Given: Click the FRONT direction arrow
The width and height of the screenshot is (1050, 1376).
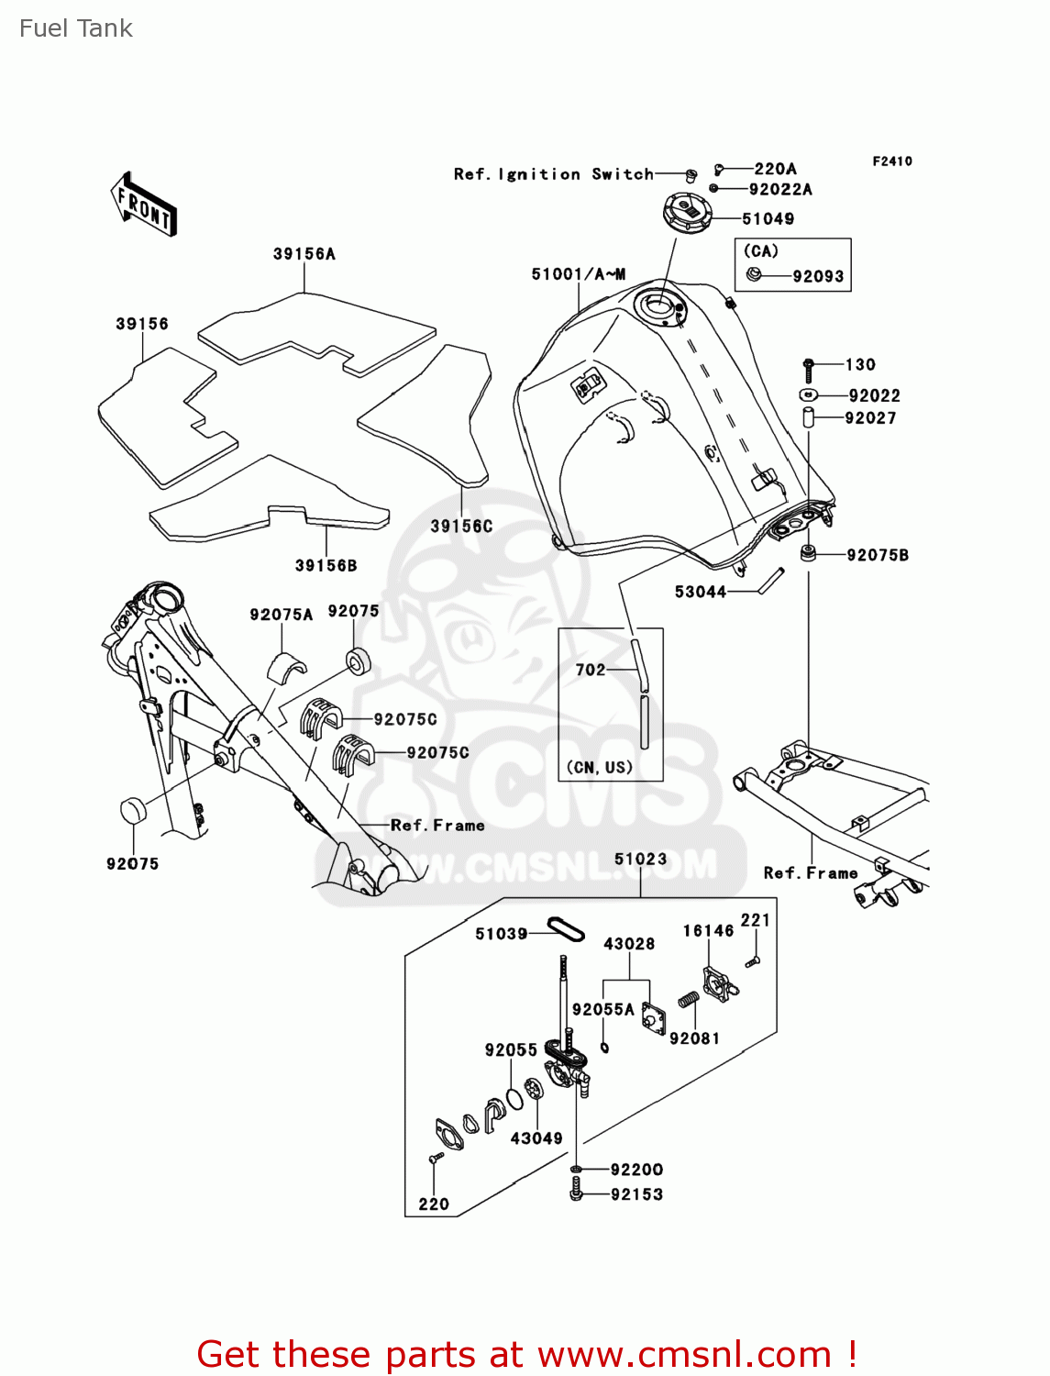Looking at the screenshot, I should [144, 205].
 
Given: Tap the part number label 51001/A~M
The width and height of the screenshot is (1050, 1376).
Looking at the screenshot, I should [579, 274].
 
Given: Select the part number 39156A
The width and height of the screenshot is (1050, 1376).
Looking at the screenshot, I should [304, 254].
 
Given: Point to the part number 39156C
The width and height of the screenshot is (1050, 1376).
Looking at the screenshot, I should [461, 526].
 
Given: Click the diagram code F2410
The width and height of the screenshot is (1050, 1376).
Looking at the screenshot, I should [891, 161].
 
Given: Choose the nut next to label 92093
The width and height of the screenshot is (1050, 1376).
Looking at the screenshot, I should [754, 273].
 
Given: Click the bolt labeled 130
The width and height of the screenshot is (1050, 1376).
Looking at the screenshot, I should [808, 369].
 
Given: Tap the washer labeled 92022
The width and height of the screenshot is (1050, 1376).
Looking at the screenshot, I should [807, 395].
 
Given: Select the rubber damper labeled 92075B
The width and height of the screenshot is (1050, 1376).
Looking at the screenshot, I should [808, 553].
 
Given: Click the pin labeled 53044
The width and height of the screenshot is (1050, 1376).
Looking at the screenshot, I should [770, 581].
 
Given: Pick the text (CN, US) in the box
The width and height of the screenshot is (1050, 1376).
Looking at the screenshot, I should [600, 767].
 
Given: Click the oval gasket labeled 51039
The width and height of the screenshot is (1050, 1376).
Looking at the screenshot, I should [565, 929].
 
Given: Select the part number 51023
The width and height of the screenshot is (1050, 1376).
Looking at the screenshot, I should [640, 860].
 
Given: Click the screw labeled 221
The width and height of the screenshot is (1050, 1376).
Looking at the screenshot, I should [752, 961].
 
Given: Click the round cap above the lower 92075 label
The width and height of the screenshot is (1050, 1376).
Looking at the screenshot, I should [134, 811].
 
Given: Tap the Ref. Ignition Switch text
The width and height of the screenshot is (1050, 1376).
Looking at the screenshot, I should [553, 174].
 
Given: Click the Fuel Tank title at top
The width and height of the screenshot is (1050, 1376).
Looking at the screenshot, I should [76, 28].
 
